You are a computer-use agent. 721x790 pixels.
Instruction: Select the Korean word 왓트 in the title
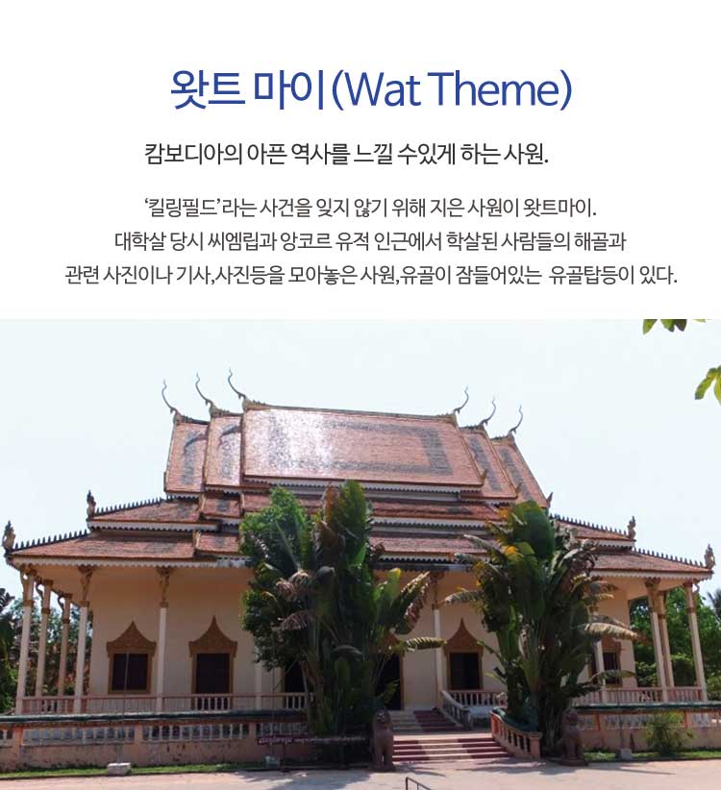[x=207, y=89]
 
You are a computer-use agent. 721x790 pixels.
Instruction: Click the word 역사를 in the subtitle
[x=319, y=154]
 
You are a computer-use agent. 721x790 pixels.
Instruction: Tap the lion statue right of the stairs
[x=572, y=736]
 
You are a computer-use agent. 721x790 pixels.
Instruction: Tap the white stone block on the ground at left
[x=118, y=770]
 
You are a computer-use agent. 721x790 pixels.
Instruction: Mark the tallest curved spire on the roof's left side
[x=236, y=388]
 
